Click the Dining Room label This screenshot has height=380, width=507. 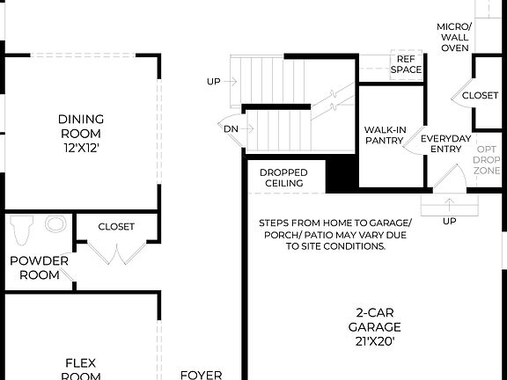coord(81,127)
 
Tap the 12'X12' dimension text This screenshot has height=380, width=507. coord(81,149)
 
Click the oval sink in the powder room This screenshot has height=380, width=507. coord(55,223)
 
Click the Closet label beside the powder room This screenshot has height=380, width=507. coord(116,226)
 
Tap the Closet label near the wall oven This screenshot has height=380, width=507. coord(480,95)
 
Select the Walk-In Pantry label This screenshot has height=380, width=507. coord(386,135)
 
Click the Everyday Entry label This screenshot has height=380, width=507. coord(445,144)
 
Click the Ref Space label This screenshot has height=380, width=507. coord(407,63)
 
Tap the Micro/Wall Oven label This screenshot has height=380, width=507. coord(454,37)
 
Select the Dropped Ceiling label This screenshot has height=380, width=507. coord(283,177)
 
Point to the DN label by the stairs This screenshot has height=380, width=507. coord(231,128)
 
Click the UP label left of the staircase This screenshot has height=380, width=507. coord(214,82)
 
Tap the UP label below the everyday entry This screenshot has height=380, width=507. coord(449,221)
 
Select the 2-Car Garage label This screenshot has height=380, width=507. coord(378,318)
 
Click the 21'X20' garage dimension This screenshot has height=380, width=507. coord(378,342)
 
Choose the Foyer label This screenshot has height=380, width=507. coord(201,374)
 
